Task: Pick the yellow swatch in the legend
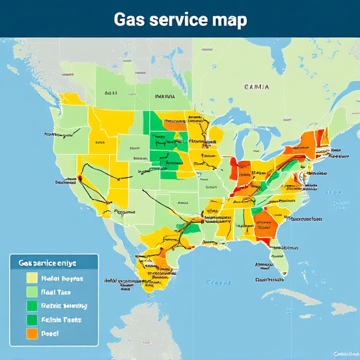(x=32, y=278)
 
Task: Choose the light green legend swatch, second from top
(x=32, y=292)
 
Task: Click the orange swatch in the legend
(x=32, y=333)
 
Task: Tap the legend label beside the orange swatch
(x=51, y=333)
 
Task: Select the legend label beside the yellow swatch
(x=61, y=278)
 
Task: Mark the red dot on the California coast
(x=79, y=179)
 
